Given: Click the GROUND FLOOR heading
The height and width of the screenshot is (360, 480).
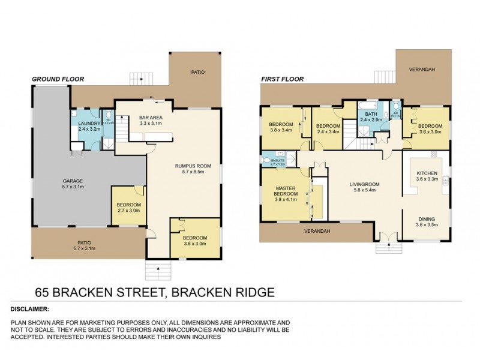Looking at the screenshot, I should [x=58, y=79].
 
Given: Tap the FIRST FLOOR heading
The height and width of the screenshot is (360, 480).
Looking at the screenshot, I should [x=282, y=79].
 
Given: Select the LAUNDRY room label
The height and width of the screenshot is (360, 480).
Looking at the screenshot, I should [x=88, y=125].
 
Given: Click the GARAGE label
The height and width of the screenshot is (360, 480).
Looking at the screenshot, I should [x=73, y=183].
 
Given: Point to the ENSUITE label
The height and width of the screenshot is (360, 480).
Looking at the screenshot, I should [x=277, y=160].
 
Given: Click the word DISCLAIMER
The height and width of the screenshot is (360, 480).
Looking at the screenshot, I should [x=29, y=310].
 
